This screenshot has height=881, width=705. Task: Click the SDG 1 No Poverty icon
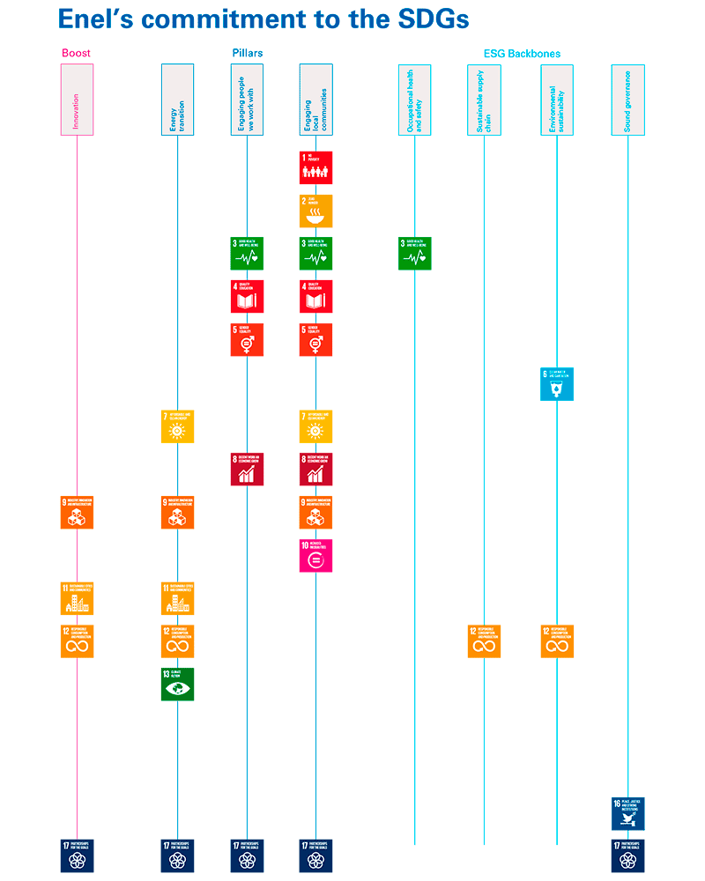click(316, 167)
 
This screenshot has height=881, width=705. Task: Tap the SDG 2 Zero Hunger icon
click(316, 211)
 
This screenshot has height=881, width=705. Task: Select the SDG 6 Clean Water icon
click(557, 384)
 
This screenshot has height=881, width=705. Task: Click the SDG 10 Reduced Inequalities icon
click(316, 556)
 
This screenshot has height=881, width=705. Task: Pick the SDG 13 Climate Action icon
click(177, 685)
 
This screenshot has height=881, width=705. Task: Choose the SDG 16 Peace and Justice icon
click(628, 814)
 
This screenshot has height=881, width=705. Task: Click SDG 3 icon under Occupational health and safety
click(415, 254)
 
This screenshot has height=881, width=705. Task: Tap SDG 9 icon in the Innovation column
click(77, 513)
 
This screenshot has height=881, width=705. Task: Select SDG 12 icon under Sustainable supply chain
click(484, 641)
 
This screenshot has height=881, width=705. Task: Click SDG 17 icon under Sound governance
click(628, 855)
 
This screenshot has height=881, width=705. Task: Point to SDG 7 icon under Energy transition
click(177, 426)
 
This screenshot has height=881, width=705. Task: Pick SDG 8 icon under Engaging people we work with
click(247, 470)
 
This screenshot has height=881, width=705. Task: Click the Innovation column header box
click(77, 100)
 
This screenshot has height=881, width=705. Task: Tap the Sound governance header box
click(627, 100)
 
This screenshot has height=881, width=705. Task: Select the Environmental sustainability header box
click(557, 100)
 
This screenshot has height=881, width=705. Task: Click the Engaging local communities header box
click(316, 100)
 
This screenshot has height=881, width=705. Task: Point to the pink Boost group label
click(76, 53)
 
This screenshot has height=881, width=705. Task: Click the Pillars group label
click(247, 53)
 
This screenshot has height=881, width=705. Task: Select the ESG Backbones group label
click(522, 54)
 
